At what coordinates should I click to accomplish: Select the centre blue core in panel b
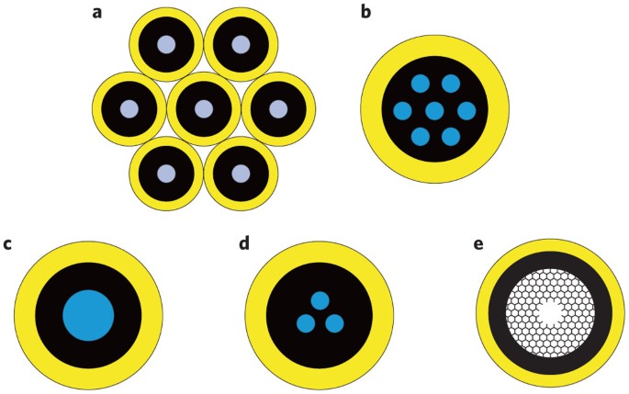(x=434, y=111)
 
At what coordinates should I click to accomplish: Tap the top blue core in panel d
(x=320, y=300)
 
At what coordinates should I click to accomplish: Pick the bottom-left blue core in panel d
(x=305, y=323)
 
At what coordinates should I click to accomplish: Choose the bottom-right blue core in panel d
(x=334, y=323)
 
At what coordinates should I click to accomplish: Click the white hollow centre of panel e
(x=549, y=313)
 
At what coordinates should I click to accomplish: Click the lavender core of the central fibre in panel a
(x=203, y=108)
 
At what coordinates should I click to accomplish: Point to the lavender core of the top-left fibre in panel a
(x=165, y=44)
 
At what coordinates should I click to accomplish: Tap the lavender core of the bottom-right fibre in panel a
(x=240, y=173)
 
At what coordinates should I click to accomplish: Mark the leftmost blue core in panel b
(x=402, y=111)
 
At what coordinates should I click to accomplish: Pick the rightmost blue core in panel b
(x=466, y=111)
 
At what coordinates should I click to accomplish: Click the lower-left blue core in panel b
(x=419, y=138)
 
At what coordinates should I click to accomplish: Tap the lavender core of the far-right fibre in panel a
(x=277, y=108)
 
